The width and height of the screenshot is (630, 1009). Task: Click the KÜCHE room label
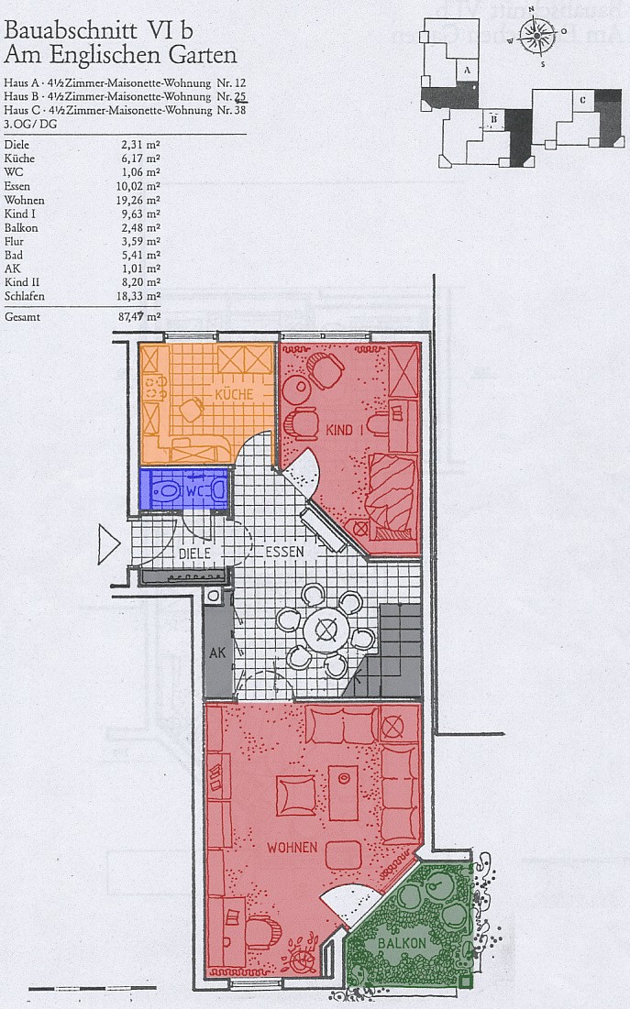pyautogui.click(x=234, y=394)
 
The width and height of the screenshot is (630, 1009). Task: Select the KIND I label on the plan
pyautogui.click(x=345, y=429)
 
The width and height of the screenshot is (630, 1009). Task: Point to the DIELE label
pyautogui.click(x=194, y=553)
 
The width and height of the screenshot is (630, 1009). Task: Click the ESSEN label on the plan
pyautogui.click(x=284, y=552)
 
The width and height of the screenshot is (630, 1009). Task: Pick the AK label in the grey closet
pyautogui.click(x=217, y=652)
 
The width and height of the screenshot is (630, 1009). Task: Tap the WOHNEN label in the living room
pyautogui.click(x=293, y=848)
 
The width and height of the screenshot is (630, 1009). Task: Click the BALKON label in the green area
pyautogui.click(x=402, y=943)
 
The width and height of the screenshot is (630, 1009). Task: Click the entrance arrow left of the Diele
pyautogui.click(x=109, y=544)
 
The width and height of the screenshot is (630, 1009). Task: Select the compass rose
pyautogui.click(x=536, y=34)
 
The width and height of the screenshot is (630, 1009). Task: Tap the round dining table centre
pyautogui.click(x=326, y=628)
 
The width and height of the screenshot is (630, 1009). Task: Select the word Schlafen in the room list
pyautogui.click(x=25, y=296)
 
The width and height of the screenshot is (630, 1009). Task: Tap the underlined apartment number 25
pyautogui.click(x=240, y=96)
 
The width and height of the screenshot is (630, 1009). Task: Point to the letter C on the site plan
pyautogui.click(x=582, y=100)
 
